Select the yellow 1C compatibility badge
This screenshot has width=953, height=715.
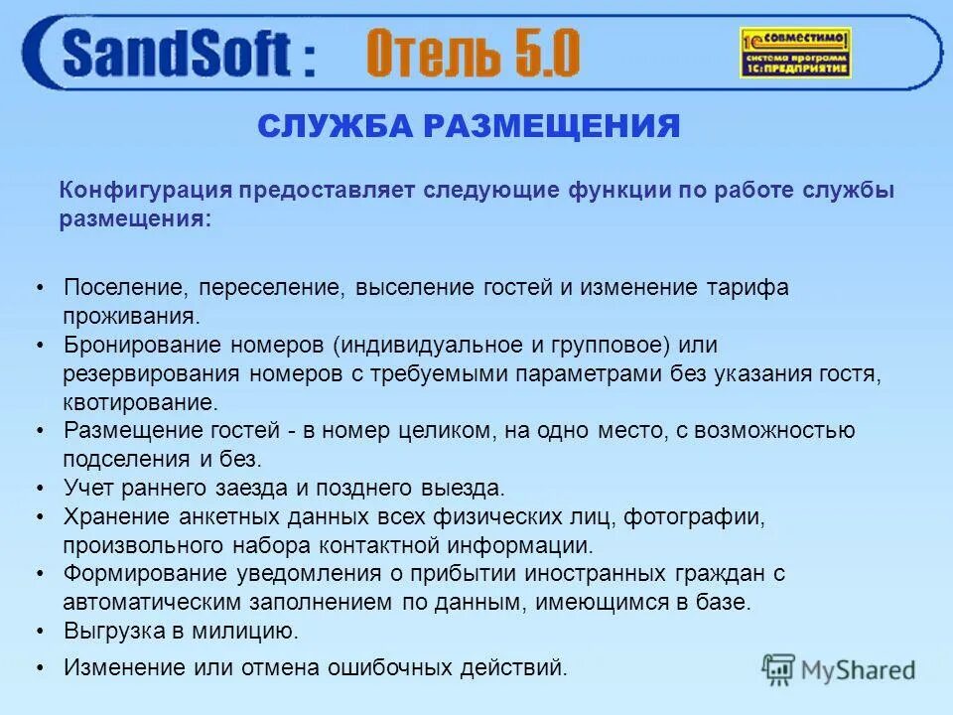pyautogui.click(x=795, y=53)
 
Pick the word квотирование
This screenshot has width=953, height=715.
pyautogui.click(x=139, y=402)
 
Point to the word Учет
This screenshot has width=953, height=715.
pyautogui.click(x=88, y=488)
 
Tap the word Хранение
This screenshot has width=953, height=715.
pyautogui.click(x=115, y=516)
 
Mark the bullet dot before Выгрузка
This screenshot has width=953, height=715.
pyautogui.click(x=40, y=632)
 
